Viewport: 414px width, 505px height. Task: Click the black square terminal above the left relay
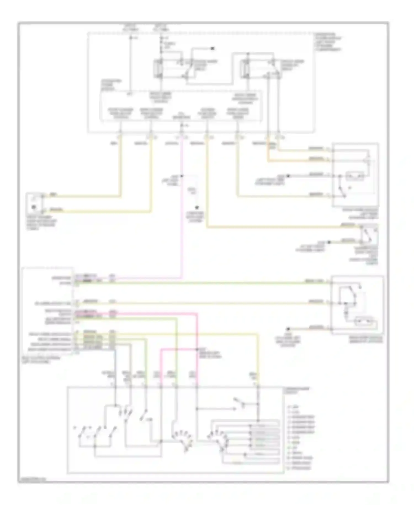pos(213,49)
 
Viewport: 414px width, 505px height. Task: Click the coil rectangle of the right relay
pos(245,68)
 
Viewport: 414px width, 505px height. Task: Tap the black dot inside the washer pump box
pos(34,207)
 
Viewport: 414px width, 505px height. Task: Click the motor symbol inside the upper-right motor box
pos(355,176)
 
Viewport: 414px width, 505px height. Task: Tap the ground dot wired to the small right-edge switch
pos(329,242)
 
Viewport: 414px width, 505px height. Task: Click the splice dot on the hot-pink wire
pos(197,349)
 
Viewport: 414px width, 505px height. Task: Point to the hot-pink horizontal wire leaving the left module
pos(155,313)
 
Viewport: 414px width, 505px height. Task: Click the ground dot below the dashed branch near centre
pos(197,207)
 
